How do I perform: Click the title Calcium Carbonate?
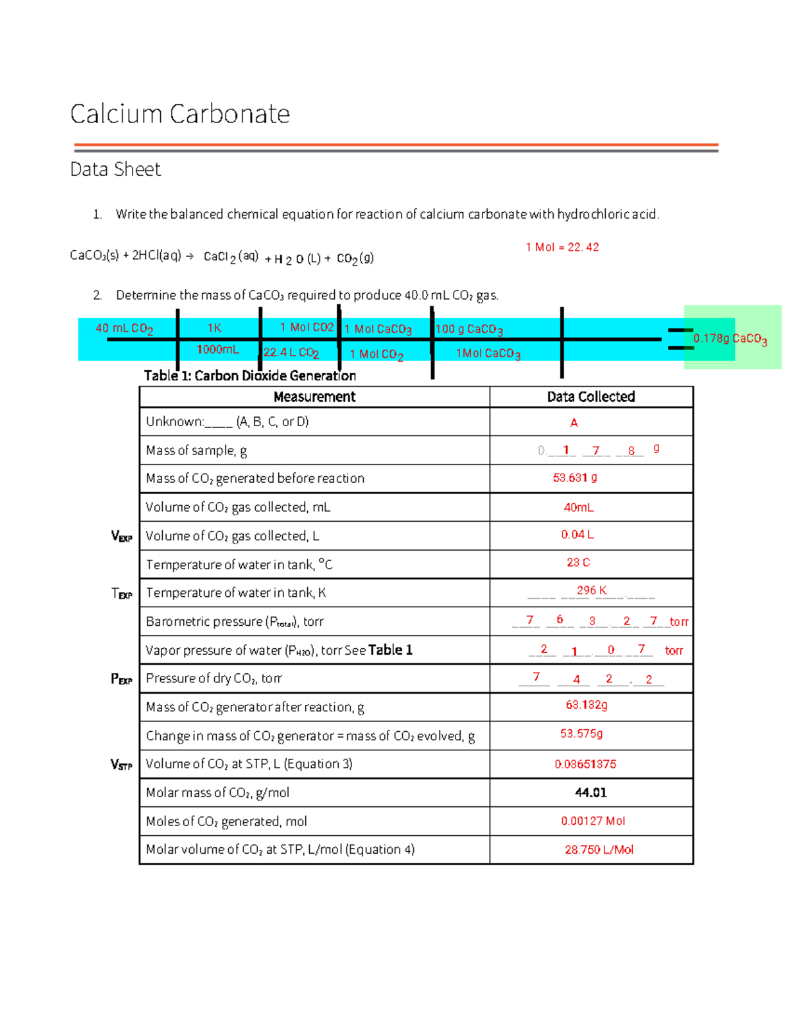179,114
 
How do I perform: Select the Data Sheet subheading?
115,169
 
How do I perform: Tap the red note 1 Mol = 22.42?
562,247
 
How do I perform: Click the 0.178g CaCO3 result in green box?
730,339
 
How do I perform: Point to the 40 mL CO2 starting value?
124,328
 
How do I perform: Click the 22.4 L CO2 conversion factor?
291,352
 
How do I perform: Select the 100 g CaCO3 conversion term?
469,329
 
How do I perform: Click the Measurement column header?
314,397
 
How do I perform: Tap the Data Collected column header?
591,397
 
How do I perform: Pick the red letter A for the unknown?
573,422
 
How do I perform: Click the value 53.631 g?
575,478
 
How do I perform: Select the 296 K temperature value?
591,590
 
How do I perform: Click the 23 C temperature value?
578,562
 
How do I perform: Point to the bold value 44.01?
591,792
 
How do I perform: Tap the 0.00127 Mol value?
593,821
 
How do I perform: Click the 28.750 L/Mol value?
599,850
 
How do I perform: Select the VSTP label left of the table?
121,764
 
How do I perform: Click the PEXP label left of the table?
121,678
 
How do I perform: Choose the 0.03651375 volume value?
585,764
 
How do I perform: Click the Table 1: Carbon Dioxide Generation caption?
250,375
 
